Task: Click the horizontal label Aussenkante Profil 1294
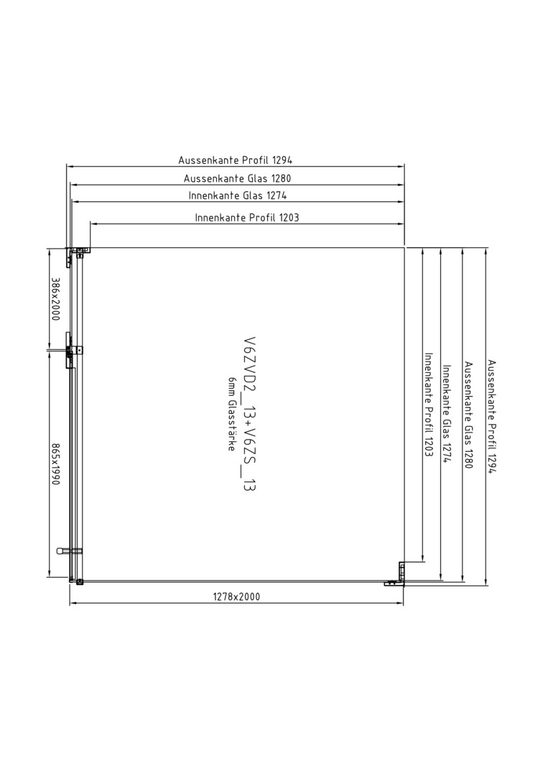[236, 160]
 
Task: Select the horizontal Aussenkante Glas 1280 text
[238, 178]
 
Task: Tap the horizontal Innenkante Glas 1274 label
[238, 195]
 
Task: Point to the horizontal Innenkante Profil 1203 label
[247, 217]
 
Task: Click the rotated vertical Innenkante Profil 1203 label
[429, 405]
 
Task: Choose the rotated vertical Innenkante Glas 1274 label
[447, 415]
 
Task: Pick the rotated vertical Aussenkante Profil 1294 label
[491, 417]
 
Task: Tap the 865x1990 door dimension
[55, 463]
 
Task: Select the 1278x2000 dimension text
[236, 596]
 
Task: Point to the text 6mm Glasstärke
[231, 414]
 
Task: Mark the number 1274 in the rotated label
[447, 453]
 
